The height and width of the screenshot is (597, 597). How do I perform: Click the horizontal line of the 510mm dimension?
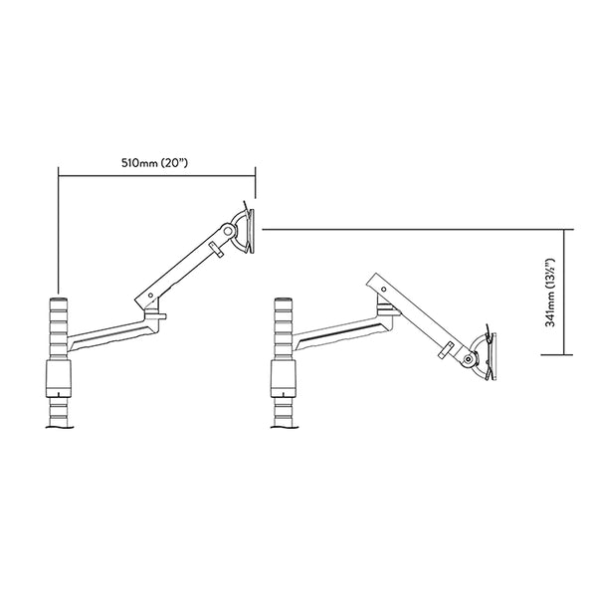coord(157,176)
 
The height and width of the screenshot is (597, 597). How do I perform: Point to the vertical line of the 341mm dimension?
coord(567,293)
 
